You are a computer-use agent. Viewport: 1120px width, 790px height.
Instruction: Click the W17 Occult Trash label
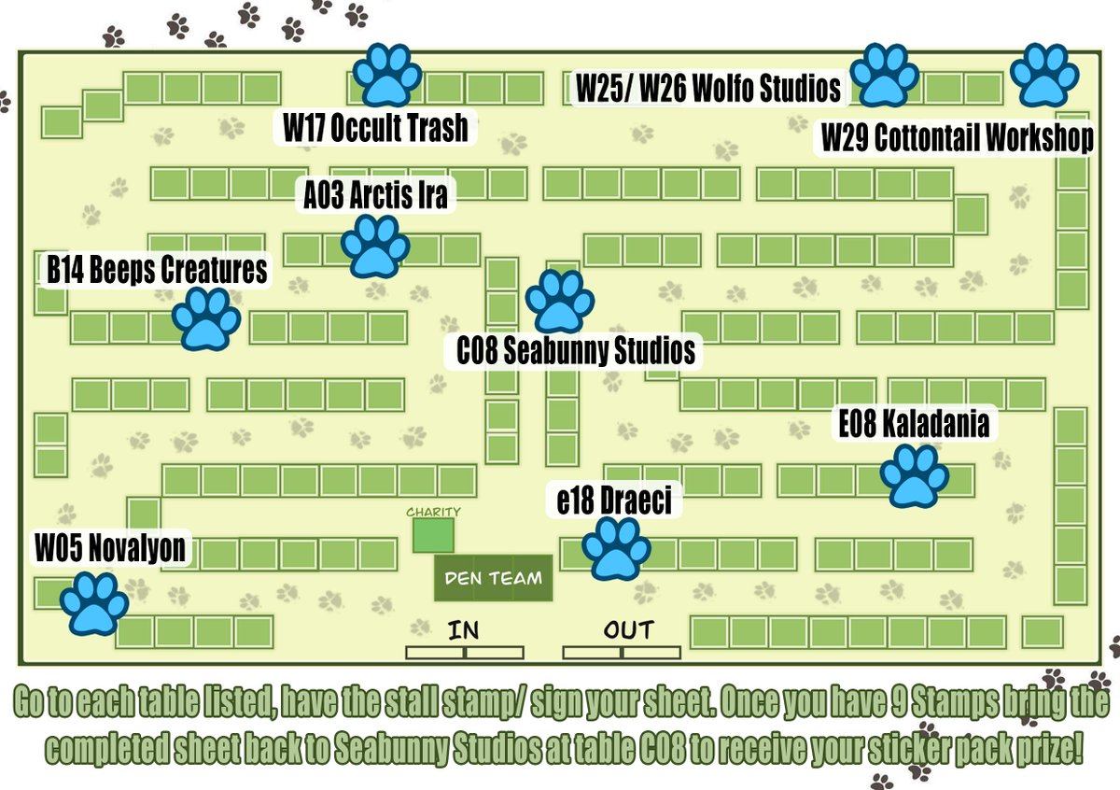[375, 128]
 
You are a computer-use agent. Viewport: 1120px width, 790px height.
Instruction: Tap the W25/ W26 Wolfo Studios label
[708, 89]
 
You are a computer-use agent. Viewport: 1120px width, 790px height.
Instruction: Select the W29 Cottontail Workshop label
[957, 138]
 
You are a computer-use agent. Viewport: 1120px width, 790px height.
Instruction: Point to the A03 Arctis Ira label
[375, 196]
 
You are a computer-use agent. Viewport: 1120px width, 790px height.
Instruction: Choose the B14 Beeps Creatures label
[157, 270]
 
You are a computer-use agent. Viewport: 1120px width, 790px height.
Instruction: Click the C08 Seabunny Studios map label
[576, 351]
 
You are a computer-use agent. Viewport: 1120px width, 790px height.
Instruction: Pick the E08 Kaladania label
[913, 425]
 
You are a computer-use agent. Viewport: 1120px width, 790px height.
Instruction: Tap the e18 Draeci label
[613, 501]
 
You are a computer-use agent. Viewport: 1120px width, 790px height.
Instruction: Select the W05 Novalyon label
[110, 548]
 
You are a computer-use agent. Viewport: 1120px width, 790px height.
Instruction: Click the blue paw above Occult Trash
[387, 75]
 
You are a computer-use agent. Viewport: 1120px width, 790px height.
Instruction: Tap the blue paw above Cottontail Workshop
[1043, 75]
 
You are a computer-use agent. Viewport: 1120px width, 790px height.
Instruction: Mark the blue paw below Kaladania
[914, 475]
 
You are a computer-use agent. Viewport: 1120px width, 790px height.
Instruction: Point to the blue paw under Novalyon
[94, 603]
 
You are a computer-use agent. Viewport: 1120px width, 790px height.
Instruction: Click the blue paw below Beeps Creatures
[205, 318]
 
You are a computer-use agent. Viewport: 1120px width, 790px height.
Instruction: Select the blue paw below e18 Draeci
[616, 549]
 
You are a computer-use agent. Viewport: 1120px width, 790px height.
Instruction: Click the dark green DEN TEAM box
[493, 578]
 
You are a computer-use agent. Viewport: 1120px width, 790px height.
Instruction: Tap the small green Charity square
[433, 535]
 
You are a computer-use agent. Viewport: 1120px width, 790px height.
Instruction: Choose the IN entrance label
[463, 630]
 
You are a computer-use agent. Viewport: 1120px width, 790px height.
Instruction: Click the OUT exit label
[628, 630]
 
